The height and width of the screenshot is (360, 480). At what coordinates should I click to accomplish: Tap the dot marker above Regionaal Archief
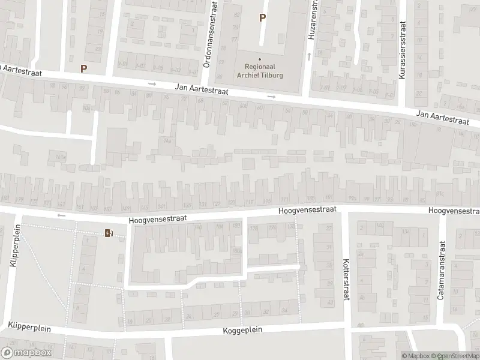tap(260, 59)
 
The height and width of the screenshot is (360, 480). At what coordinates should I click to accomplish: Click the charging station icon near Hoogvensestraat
tap(109, 233)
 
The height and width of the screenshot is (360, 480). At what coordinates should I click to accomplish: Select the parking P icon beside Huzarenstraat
tap(262, 18)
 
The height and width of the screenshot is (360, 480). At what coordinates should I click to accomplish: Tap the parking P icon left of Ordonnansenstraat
tap(83, 68)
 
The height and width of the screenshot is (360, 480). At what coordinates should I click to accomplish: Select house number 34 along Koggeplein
tap(284, 310)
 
